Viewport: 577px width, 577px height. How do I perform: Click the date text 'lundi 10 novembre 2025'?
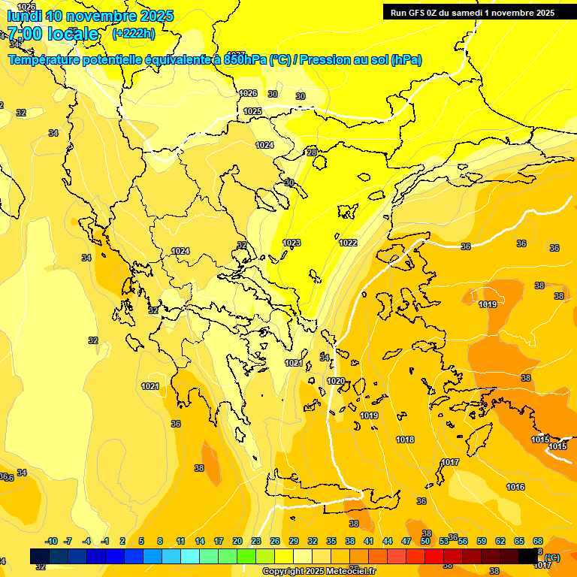90,16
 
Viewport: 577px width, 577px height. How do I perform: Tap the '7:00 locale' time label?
53,34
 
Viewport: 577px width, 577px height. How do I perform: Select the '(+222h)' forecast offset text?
133,33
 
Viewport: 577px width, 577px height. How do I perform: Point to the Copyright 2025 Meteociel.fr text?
320,571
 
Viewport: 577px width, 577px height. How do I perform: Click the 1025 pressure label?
252,111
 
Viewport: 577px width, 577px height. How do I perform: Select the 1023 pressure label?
292,243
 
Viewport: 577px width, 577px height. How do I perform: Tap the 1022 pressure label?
348,243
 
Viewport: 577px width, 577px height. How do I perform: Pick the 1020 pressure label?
336,381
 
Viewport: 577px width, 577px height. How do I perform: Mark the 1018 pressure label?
405,440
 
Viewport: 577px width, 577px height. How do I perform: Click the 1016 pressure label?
515,487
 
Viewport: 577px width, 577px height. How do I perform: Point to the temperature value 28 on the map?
312,153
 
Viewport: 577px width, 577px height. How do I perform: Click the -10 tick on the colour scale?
51,541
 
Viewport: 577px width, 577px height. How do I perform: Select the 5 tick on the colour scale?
141,541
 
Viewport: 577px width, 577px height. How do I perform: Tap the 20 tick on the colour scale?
237,541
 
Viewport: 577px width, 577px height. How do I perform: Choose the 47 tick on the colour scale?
406,541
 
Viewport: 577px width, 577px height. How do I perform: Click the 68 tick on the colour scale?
538,541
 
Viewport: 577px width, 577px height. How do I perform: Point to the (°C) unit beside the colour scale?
552,557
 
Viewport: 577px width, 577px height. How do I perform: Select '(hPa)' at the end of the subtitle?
406,59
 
